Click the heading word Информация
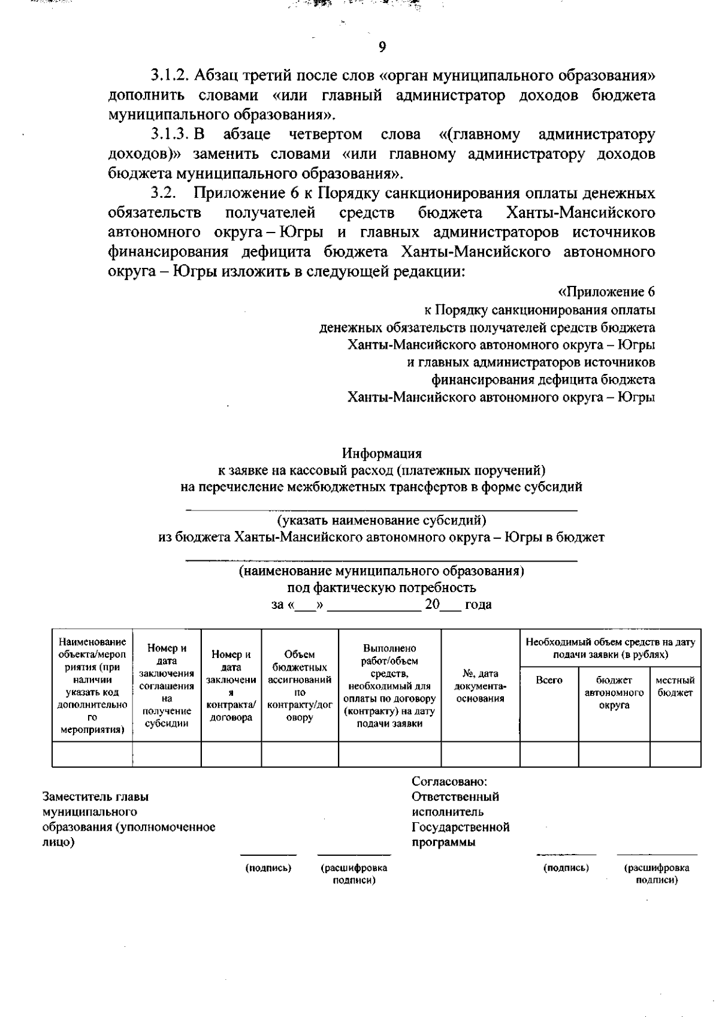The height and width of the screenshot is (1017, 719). click(382, 453)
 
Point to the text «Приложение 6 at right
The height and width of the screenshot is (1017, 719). click(606, 292)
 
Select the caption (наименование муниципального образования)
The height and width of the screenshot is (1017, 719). click(382, 571)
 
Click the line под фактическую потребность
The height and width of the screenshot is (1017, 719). click(382, 587)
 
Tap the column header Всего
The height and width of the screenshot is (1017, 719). click(549, 680)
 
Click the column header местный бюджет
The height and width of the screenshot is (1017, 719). click(675, 687)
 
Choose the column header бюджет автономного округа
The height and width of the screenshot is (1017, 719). click(614, 693)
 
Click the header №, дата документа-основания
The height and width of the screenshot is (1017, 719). click(481, 686)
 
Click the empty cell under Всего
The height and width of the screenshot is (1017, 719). click(549, 754)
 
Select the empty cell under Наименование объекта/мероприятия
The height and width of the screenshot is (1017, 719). click(92, 754)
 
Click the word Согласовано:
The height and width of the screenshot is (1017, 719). click(449, 781)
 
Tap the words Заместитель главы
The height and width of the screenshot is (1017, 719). click(95, 796)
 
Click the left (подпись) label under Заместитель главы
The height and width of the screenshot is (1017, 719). click(268, 868)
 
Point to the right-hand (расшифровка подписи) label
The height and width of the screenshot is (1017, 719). click(656, 874)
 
